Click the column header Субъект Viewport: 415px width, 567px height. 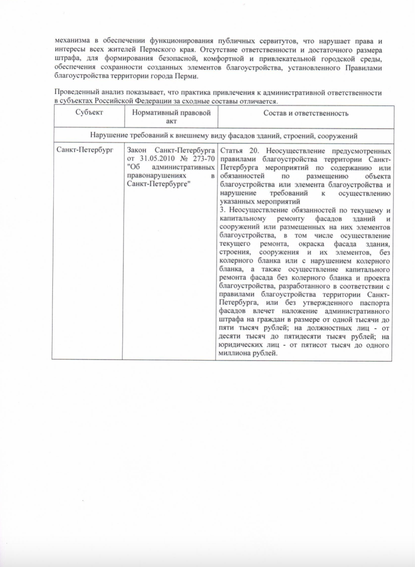pyautogui.click(x=88, y=113)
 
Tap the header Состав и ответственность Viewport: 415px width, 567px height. pyautogui.click(x=305, y=113)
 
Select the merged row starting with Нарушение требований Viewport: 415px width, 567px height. pyautogui.click(x=223, y=136)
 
